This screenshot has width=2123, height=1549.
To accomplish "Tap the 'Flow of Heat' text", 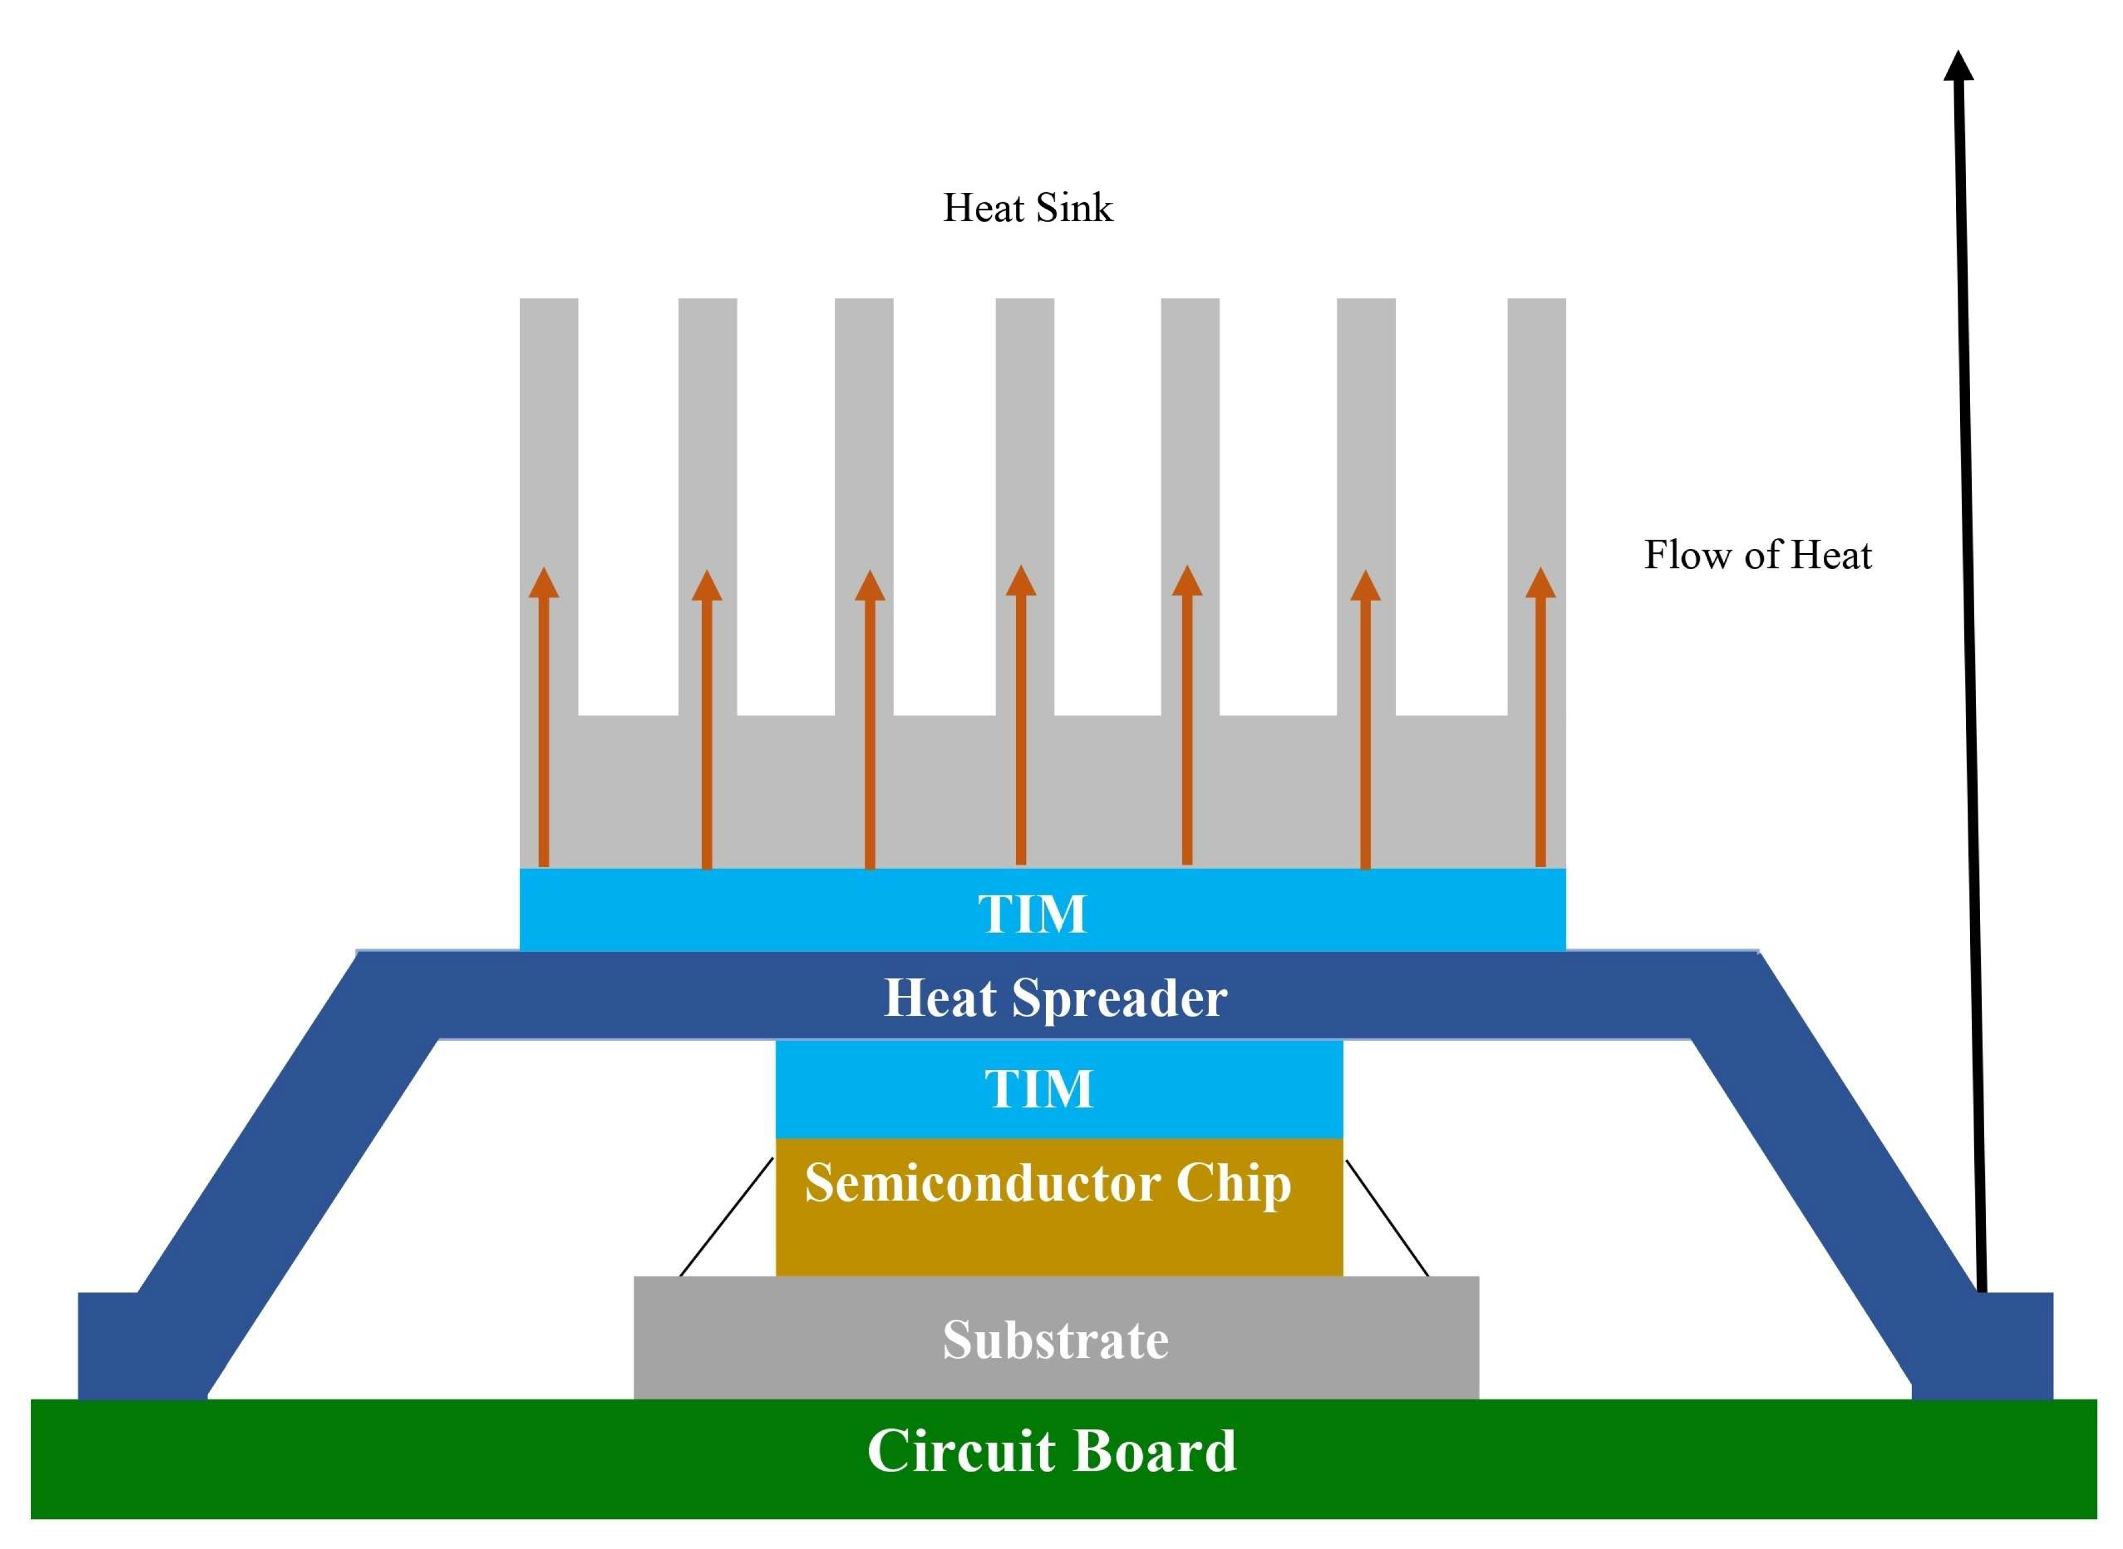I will click(x=1757, y=555).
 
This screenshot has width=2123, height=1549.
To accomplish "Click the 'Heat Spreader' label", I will click(x=1055, y=998).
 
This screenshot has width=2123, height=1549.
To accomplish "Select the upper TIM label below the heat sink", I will click(x=1031, y=914).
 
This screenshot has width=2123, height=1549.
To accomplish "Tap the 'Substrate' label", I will click(x=1055, y=1339).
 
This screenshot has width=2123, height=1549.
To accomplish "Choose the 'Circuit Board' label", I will click(x=1051, y=1451).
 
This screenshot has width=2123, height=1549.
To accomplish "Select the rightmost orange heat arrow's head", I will click(x=1540, y=583).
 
